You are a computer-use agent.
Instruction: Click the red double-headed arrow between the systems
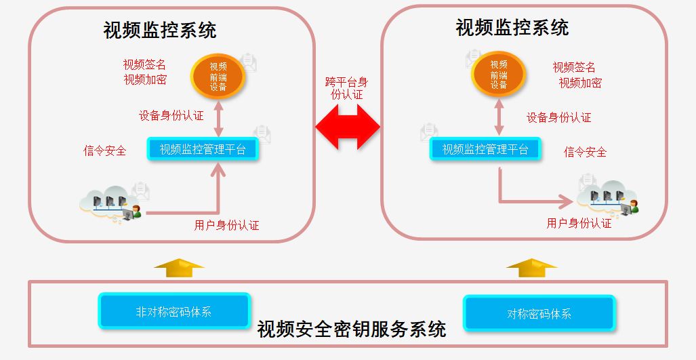pyautogui.click(x=348, y=126)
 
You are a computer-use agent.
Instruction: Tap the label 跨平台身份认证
pyautogui.click(x=347, y=88)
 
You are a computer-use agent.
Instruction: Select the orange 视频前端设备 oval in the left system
pyautogui.click(x=218, y=76)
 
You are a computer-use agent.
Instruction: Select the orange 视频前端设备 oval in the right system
pyautogui.click(x=499, y=75)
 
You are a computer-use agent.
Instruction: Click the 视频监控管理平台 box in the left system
pyautogui.click(x=203, y=149)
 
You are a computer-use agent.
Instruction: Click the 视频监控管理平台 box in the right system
pyautogui.click(x=485, y=149)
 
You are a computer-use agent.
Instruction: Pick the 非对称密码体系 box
pyautogui.click(x=174, y=312)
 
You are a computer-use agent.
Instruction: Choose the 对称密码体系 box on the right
pyautogui.click(x=539, y=314)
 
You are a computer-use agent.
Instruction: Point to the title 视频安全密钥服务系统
pyautogui.click(x=351, y=329)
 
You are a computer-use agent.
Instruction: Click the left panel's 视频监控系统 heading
pyautogui.click(x=160, y=31)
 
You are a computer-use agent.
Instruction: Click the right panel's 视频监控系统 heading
pyautogui.click(x=512, y=28)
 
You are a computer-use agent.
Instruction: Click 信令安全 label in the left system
pyautogui.click(x=104, y=151)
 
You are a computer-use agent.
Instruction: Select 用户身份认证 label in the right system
pyautogui.click(x=579, y=222)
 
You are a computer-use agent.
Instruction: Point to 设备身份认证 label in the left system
pyautogui.click(x=171, y=115)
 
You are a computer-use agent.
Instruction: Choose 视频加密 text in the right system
pyautogui.click(x=579, y=83)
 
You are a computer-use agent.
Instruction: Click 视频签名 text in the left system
pyautogui.click(x=144, y=64)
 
